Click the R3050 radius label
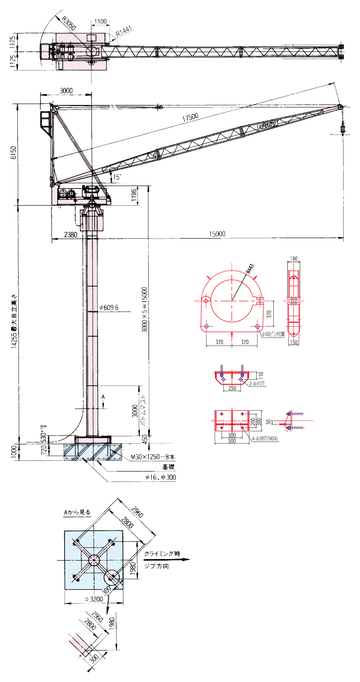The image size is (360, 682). pyautogui.click(x=68, y=24)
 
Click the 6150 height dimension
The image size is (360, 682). pyautogui.click(x=14, y=154)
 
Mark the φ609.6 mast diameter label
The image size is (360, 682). pyautogui.click(x=109, y=308)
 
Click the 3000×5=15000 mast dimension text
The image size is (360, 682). pyautogui.click(x=145, y=309)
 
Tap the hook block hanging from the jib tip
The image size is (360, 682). pyautogui.click(x=342, y=127)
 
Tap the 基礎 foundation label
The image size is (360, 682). pyautogui.click(x=168, y=467)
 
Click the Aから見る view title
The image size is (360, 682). pyautogui.click(x=77, y=512)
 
